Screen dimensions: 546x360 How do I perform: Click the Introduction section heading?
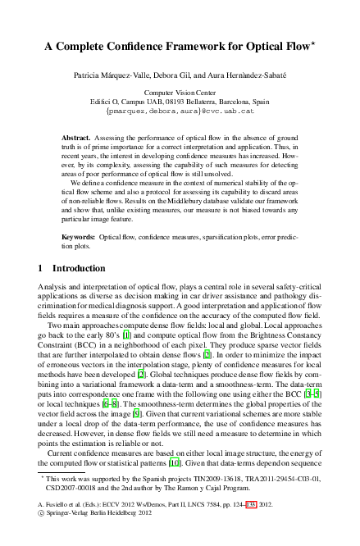[80, 268]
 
